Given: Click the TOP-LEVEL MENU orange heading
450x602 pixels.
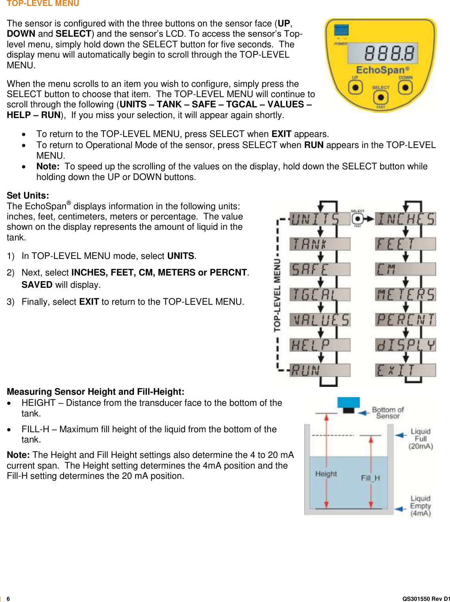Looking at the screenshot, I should [x=43, y=4].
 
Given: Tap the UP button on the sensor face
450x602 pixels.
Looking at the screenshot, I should [x=356, y=87].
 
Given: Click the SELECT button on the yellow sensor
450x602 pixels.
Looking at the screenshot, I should [x=380, y=97].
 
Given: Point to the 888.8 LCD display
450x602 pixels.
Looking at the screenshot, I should [x=383, y=53].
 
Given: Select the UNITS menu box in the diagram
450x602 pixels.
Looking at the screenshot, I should [x=320, y=219].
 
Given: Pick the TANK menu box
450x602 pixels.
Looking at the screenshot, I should [x=320, y=244].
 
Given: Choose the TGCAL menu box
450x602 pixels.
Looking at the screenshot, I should [x=320, y=294].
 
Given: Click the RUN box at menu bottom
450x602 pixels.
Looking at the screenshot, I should [x=320, y=370].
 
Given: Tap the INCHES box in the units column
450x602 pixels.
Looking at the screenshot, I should [x=405, y=219].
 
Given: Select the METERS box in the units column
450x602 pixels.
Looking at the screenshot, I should [x=405, y=294].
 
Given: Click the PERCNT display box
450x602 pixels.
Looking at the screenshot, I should [x=405, y=320].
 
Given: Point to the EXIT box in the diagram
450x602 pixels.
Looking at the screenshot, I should [x=405, y=370].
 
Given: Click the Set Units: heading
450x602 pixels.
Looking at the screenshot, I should [x=28, y=195].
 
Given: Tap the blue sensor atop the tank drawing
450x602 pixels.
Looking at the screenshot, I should [x=348, y=403].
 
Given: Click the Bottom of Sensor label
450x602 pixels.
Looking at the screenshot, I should [x=388, y=413].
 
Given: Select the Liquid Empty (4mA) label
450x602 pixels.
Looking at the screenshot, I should [x=420, y=506].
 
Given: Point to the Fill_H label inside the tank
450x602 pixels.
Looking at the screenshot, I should [x=370, y=478].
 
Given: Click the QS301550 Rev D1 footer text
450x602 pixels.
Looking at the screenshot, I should [x=426, y=598].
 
